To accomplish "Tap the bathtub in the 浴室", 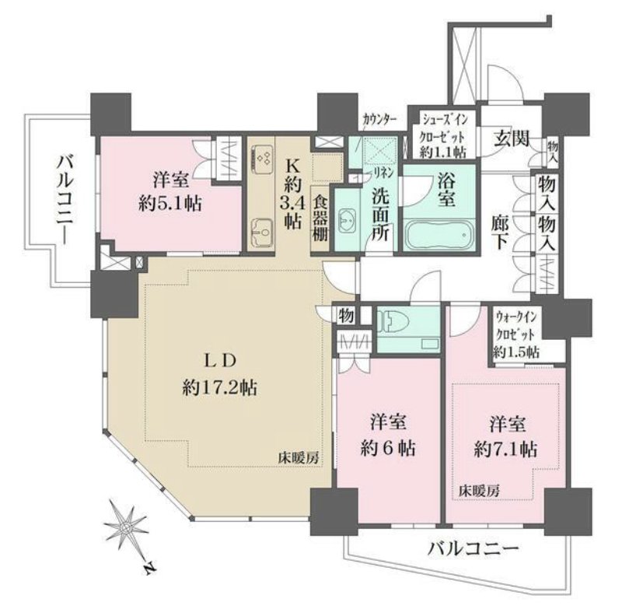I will click(439, 233).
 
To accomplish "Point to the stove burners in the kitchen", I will click(261, 159).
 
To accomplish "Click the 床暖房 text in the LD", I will click(301, 458).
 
